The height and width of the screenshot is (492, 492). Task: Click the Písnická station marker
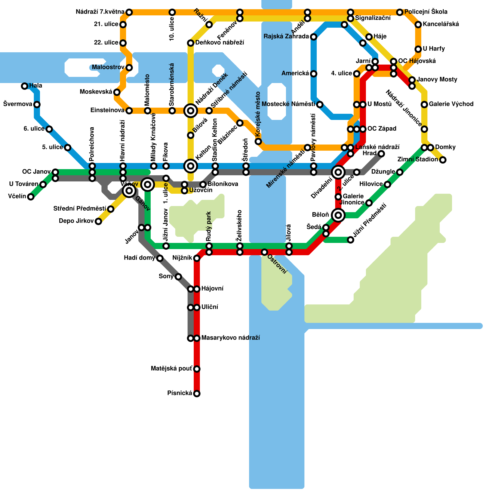tap(197, 394)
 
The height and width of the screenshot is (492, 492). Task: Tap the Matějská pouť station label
tap(171, 369)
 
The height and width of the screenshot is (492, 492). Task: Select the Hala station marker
tap(25, 86)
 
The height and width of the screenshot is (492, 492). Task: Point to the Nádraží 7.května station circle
tap(129, 12)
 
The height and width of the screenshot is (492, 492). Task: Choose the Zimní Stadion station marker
tap(443, 160)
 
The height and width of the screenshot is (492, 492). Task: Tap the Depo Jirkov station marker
tap(98, 221)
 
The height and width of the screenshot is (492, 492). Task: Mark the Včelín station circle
tap(31, 197)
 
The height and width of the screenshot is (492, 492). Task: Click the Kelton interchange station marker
tap(191, 166)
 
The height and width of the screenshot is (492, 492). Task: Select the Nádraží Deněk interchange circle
tap(191, 111)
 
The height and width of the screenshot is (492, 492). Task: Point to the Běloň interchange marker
tap(338, 215)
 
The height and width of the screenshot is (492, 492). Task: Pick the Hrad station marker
tap(381, 154)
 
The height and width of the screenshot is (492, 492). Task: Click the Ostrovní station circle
tap(264, 252)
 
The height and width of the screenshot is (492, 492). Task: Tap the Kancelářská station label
tap(441, 24)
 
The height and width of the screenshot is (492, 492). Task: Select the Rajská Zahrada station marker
tap(314, 37)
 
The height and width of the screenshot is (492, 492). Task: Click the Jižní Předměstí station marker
tap(351, 240)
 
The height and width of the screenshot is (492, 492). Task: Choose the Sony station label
tap(166, 276)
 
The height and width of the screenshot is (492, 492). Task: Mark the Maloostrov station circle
tap(129, 68)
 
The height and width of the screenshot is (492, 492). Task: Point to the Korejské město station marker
tap(258, 141)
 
